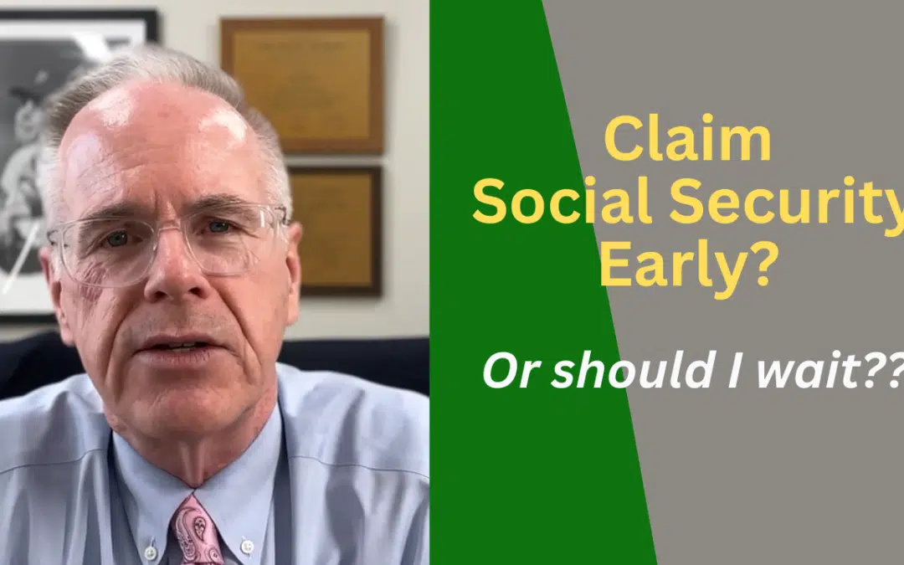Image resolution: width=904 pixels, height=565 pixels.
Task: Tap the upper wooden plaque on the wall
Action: click(x=301, y=83)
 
